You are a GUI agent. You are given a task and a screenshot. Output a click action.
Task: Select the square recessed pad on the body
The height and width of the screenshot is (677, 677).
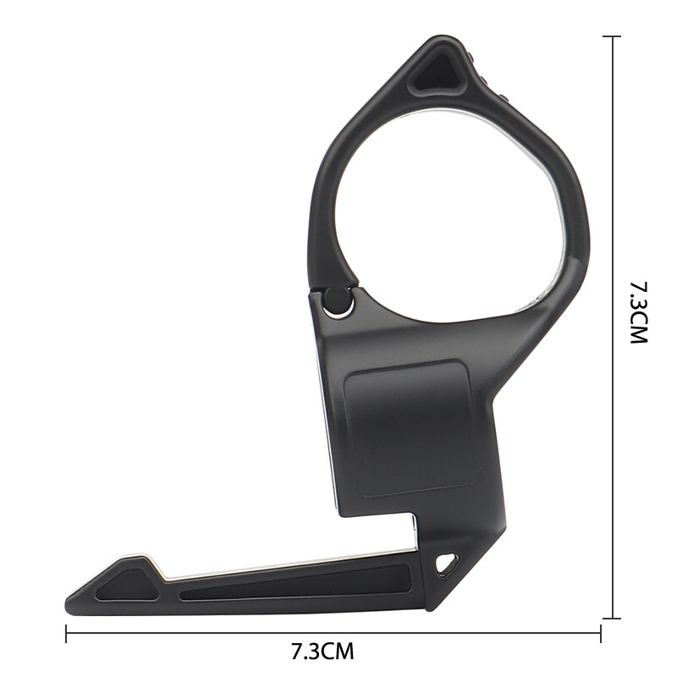pyautogui.click(x=407, y=428)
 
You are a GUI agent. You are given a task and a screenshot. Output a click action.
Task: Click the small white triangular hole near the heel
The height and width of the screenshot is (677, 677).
pyautogui.click(x=446, y=562)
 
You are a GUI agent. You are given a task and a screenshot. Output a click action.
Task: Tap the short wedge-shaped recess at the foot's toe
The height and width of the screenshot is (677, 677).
pyautogui.click(x=127, y=585)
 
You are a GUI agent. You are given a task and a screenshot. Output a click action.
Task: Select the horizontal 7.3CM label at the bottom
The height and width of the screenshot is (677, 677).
pyautogui.click(x=322, y=652)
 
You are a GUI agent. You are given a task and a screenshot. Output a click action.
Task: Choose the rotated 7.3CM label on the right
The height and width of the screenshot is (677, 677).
pyautogui.click(x=638, y=312)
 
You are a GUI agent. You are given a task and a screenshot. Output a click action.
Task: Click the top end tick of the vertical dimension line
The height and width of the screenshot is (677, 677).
pyautogui.click(x=612, y=36)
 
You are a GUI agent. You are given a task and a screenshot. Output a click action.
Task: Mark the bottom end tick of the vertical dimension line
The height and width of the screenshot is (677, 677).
pyautogui.click(x=612, y=619)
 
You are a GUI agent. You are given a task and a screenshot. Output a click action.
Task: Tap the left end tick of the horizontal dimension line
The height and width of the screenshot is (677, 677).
pyautogui.click(x=66, y=632)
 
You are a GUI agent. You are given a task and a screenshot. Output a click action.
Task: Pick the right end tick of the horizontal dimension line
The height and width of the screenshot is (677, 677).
pyautogui.click(x=601, y=632)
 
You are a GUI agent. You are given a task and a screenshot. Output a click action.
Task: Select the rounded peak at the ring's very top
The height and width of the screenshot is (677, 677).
pyautogui.click(x=441, y=40)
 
